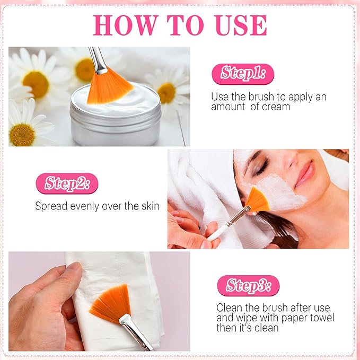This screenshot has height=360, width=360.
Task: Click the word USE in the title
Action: pyautogui.click(x=238, y=25)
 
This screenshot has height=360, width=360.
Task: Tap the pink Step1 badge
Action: pyautogui.click(x=243, y=73)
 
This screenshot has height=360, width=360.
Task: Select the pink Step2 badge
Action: pyautogui.click(x=67, y=183)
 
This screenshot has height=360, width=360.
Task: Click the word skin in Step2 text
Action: pyautogui.click(x=149, y=206)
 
